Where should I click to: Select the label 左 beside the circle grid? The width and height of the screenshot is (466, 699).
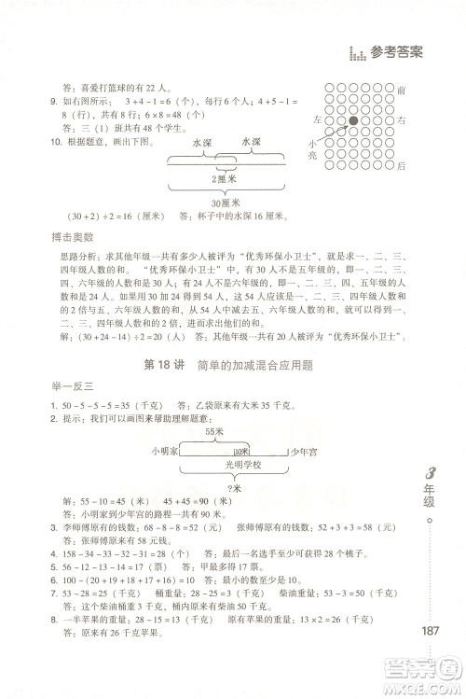pyautogui.click(x=319, y=121)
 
